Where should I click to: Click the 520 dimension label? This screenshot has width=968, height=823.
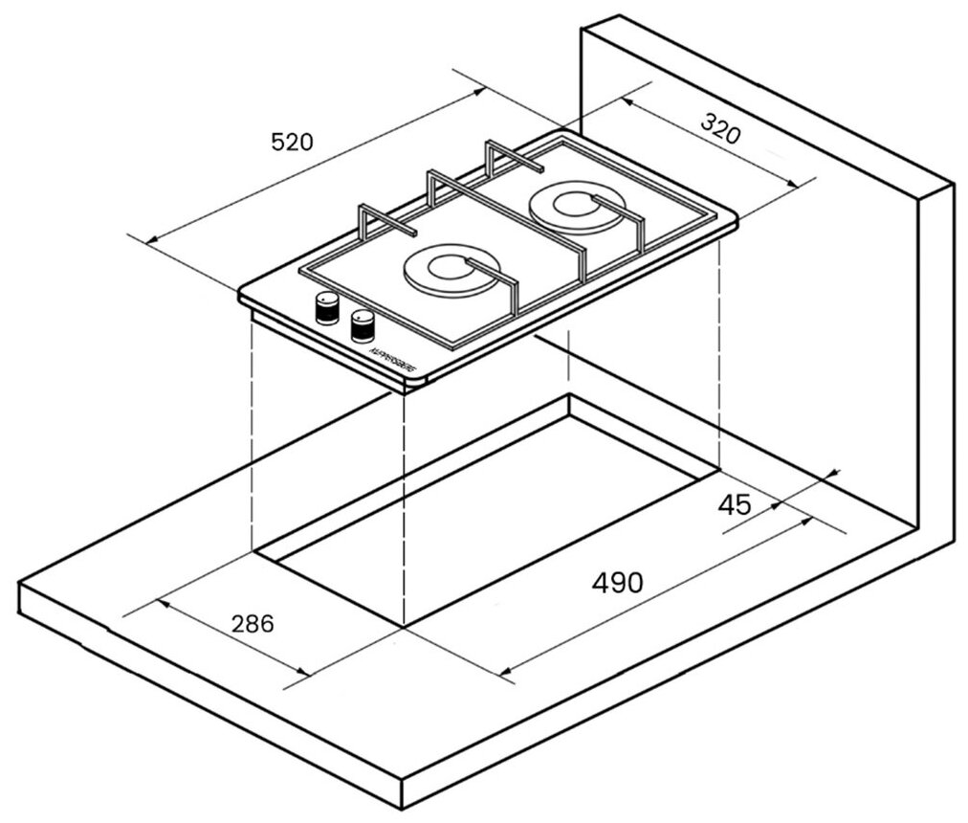(292, 143)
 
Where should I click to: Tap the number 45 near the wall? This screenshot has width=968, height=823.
(735, 504)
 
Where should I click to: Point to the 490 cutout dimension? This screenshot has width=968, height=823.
(617, 582)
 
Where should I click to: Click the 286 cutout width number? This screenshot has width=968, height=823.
(253, 624)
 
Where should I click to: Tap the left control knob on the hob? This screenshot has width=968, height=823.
(327, 308)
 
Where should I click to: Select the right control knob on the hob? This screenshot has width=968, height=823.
(363, 325)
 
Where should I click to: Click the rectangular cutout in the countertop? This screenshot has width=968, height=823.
(488, 507)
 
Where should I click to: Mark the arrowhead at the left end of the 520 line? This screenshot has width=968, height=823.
(149, 239)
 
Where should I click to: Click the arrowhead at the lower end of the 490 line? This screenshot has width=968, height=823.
(508, 670)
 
